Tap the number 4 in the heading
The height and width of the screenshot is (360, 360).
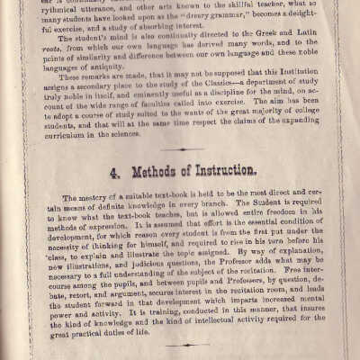[x=110, y=169]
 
